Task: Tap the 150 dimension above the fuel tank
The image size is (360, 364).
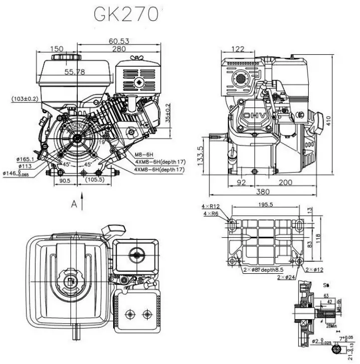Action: (57, 49)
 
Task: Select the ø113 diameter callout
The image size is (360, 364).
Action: (25, 166)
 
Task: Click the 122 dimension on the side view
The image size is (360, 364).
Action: (238, 49)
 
